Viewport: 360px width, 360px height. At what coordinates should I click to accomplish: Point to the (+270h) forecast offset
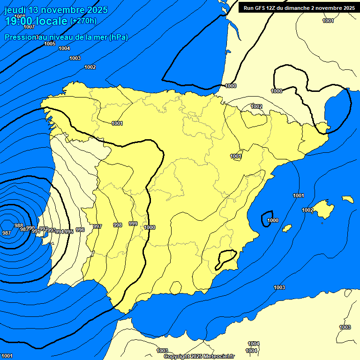click(x=83, y=21)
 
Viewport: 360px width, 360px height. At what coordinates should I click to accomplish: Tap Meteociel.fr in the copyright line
click(x=217, y=356)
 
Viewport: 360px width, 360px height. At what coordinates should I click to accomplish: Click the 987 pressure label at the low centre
click(x=7, y=233)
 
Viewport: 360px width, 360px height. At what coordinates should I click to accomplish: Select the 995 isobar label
click(x=69, y=232)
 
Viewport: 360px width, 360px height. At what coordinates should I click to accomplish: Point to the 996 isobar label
click(x=80, y=230)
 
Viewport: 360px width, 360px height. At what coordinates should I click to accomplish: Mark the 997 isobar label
click(x=97, y=226)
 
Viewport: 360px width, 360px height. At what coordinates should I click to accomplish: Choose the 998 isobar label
click(x=118, y=225)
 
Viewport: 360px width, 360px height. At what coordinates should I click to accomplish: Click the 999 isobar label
click(x=133, y=224)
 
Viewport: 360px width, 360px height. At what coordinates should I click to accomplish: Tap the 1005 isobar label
click(x=50, y=44)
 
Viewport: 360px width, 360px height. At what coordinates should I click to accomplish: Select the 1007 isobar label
click(x=29, y=27)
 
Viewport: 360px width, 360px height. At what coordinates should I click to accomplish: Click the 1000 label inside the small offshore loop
click(x=272, y=220)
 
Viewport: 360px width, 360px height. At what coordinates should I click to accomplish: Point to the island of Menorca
click(x=347, y=199)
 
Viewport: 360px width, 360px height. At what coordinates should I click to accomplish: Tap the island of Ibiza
click(x=287, y=228)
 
